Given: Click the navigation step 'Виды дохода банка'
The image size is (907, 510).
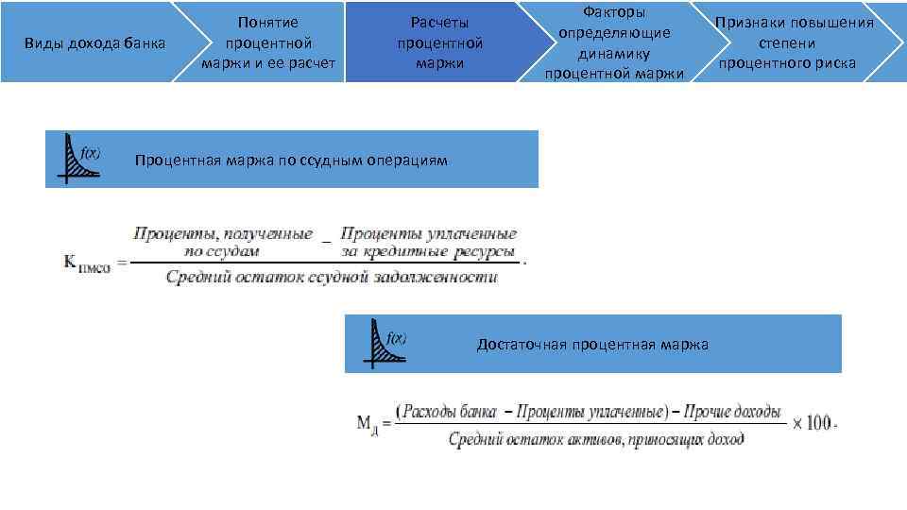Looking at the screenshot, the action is coord(94,43).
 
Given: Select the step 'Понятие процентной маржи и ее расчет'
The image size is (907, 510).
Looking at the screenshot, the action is coord(268,42).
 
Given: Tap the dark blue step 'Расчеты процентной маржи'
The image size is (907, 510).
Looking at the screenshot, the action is coord(439,42).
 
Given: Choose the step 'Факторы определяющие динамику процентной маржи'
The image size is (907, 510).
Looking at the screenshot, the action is coord(614,42).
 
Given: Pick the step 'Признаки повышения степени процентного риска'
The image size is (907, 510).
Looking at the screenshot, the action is coord(794,42).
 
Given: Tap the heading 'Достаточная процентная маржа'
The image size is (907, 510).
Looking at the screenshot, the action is coord(592,344).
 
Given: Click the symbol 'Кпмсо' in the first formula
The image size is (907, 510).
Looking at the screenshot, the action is coord(87,264).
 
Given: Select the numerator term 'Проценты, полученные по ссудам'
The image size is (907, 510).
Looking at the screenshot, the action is coord(223,242).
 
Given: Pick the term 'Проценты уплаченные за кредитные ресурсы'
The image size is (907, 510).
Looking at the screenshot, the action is coord(428,242).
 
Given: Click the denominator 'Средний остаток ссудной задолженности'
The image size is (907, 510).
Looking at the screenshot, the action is coord(331,277).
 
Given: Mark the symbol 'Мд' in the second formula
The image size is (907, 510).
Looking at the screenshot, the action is coord(368,424).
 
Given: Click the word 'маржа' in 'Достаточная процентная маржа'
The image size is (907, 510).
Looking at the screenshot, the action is coord(686,344).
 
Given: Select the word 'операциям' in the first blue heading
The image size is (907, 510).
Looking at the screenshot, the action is coord(408,160).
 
